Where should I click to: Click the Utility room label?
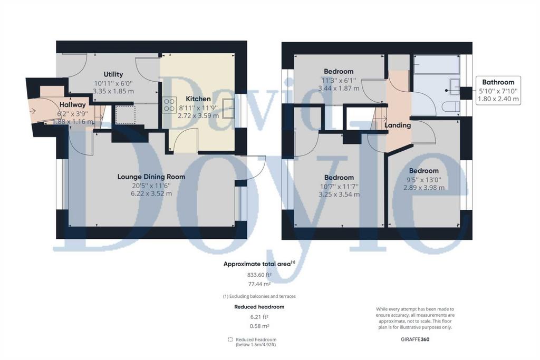coord(113,74)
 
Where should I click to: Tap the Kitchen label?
coord(198,99)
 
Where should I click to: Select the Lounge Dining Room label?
coord(151,177)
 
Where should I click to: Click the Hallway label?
coord(72,105)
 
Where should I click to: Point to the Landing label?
coord(398,125)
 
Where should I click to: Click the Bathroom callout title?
coord(498,82)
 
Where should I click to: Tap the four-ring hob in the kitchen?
coord(169,105)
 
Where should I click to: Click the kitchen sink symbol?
coord(228,109)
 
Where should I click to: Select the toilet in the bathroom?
coord(451,106)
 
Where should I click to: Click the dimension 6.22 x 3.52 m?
coord(151,193)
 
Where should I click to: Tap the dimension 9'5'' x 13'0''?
coord(423,179)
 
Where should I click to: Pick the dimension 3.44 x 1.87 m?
coord(339,88)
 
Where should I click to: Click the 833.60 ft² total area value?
coord(259,275)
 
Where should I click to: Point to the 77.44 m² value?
coord(259,284)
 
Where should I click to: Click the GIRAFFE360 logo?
coord(415,339)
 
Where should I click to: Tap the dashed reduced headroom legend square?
coord(230,339)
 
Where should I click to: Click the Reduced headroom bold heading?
coord(259,307)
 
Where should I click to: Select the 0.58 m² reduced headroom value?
coord(259,326)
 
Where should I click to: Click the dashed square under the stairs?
coord(125,114)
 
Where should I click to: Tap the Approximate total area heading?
coord(259,264)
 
